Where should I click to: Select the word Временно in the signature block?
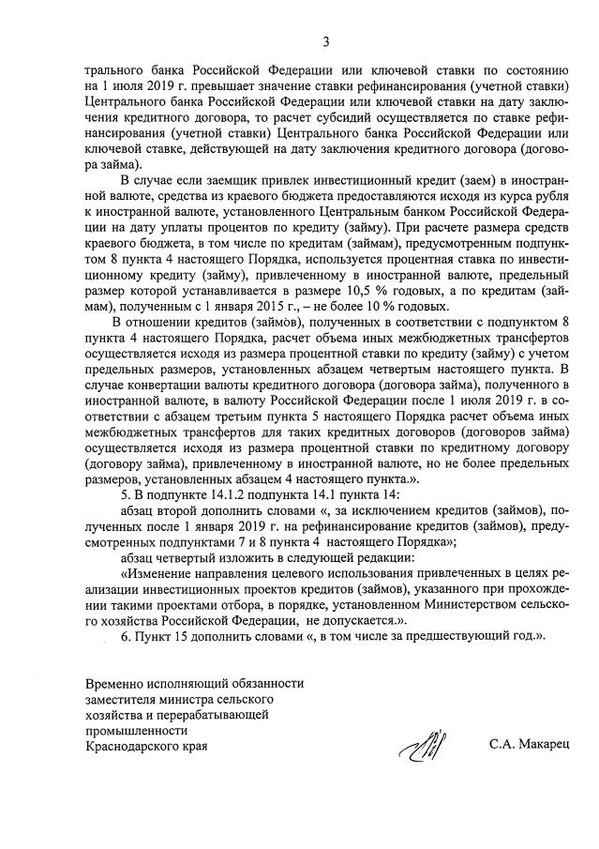(113, 685)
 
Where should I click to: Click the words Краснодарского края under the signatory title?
(146, 746)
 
